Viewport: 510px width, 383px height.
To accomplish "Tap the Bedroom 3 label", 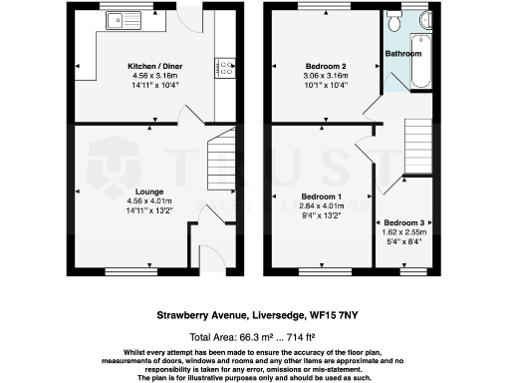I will click(x=404, y=221).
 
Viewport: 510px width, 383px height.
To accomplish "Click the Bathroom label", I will click(x=404, y=53).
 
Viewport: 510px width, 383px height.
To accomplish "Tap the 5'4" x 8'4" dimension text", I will click(x=404, y=240).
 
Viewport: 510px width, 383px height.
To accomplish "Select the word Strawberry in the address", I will click(x=184, y=313).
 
